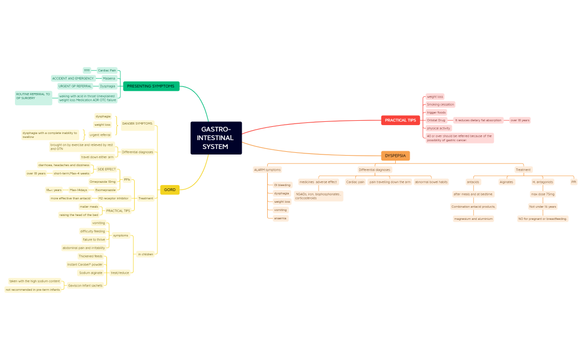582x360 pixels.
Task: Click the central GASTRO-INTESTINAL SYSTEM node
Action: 216,138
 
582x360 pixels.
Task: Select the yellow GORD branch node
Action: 170,190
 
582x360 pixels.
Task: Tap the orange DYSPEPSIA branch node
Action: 395,156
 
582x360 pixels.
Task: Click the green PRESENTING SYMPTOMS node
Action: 151,86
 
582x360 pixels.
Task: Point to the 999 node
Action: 87,70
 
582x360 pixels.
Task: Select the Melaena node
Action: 109,78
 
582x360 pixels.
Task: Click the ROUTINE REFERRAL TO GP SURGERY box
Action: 33,97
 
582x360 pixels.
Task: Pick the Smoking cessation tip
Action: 440,104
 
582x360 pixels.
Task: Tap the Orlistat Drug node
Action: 436,120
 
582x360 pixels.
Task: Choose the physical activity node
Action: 438,128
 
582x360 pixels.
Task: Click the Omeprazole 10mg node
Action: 103,182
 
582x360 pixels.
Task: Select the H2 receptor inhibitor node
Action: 113,198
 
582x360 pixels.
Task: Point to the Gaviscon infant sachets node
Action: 89,285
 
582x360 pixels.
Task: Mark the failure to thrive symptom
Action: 94,240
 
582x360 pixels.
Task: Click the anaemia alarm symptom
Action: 280,218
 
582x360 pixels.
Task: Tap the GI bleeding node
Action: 282,185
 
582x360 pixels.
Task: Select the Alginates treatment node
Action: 506,182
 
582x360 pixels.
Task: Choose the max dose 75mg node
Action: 543,194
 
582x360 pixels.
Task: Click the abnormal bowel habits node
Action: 431,182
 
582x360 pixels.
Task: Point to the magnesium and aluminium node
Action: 473,219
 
